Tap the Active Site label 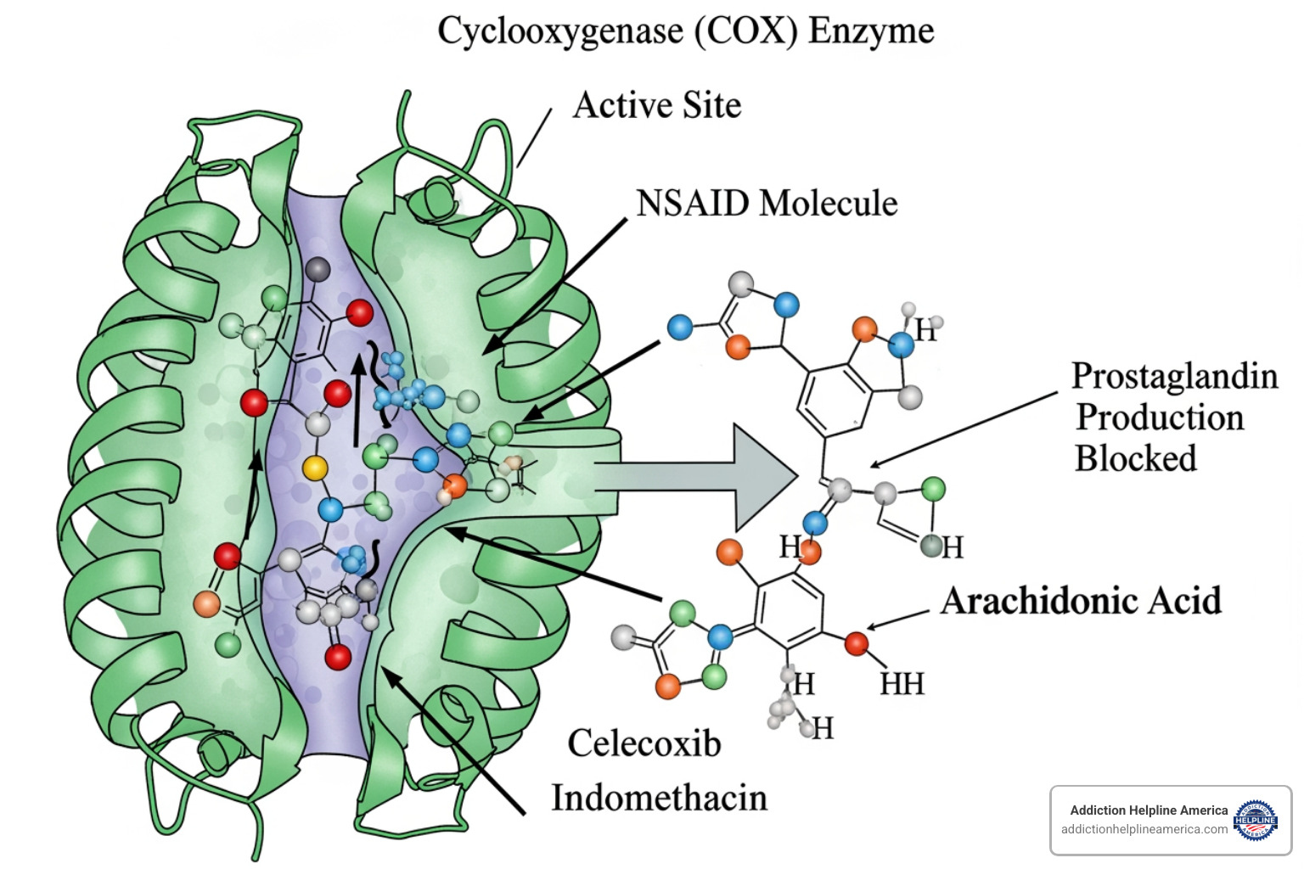(x=656, y=105)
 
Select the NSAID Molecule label (x=767, y=204)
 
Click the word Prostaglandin (x=1174, y=376)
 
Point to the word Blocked (x=1135, y=458)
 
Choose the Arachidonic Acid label (x=1081, y=601)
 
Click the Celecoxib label (x=644, y=743)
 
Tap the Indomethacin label (x=659, y=798)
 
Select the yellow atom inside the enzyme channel (x=315, y=468)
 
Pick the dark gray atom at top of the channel (x=318, y=269)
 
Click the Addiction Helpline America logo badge (x=1255, y=820)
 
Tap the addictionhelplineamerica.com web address (x=1144, y=830)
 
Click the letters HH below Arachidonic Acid (x=902, y=684)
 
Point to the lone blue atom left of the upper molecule (x=680, y=327)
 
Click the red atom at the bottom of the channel (x=338, y=656)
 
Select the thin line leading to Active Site (x=534, y=137)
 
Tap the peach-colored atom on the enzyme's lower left (x=206, y=603)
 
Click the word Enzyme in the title (x=871, y=32)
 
